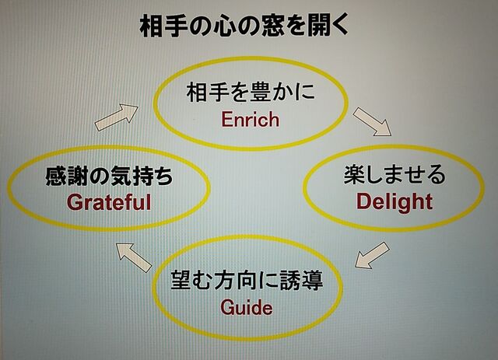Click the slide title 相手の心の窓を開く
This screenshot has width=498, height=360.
pyautogui.click(x=244, y=26)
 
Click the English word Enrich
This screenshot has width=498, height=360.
pyautogui.click(x=251, y=120)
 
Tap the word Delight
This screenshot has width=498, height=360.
pyautogui.click(x=395, y=202)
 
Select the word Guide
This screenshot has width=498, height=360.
pyautogui.click(x=247, y=307)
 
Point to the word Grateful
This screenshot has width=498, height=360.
pyautogui.click(x=109, y=202)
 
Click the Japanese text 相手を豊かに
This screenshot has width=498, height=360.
pyautogui.click(x=251, y=93)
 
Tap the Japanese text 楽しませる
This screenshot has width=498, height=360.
pyautogui.click(x=395, y=174)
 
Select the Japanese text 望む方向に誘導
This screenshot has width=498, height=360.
pyautogui.click(x=247, y=280)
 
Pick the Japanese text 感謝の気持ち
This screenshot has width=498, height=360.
pyautogui.click(x=109, y=177)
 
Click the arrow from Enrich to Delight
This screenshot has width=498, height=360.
pyautogui.click(x=372, y=122)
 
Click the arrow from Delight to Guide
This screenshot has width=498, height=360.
pyautogui.click(x=372, y=255)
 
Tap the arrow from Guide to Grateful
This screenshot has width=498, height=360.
pyautogui.click(x=134, y=257)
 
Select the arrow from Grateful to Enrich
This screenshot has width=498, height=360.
pyautogui.click(x=117, y=117)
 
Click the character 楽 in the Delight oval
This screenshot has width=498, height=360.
pyautogui.click(x=354, y=174)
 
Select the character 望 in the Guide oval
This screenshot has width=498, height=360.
pyautogui.click(x=181, y=280)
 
